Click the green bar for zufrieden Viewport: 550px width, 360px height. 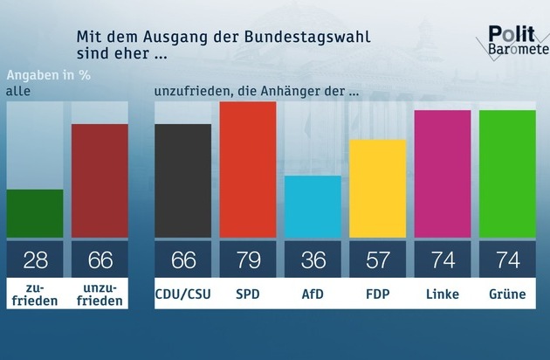34,213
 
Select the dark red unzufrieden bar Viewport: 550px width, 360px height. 100,180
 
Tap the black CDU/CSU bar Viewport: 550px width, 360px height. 182,180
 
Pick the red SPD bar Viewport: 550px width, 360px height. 248,170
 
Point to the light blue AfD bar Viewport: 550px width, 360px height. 313,206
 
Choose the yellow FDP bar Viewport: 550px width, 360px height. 378,188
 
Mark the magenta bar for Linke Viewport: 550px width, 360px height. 443,173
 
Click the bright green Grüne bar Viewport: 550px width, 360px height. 507,173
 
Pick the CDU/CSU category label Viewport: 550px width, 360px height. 182,294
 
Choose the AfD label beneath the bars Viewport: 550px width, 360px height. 313,294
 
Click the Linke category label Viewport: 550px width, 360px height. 443,294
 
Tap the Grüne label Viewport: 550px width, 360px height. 507,294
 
